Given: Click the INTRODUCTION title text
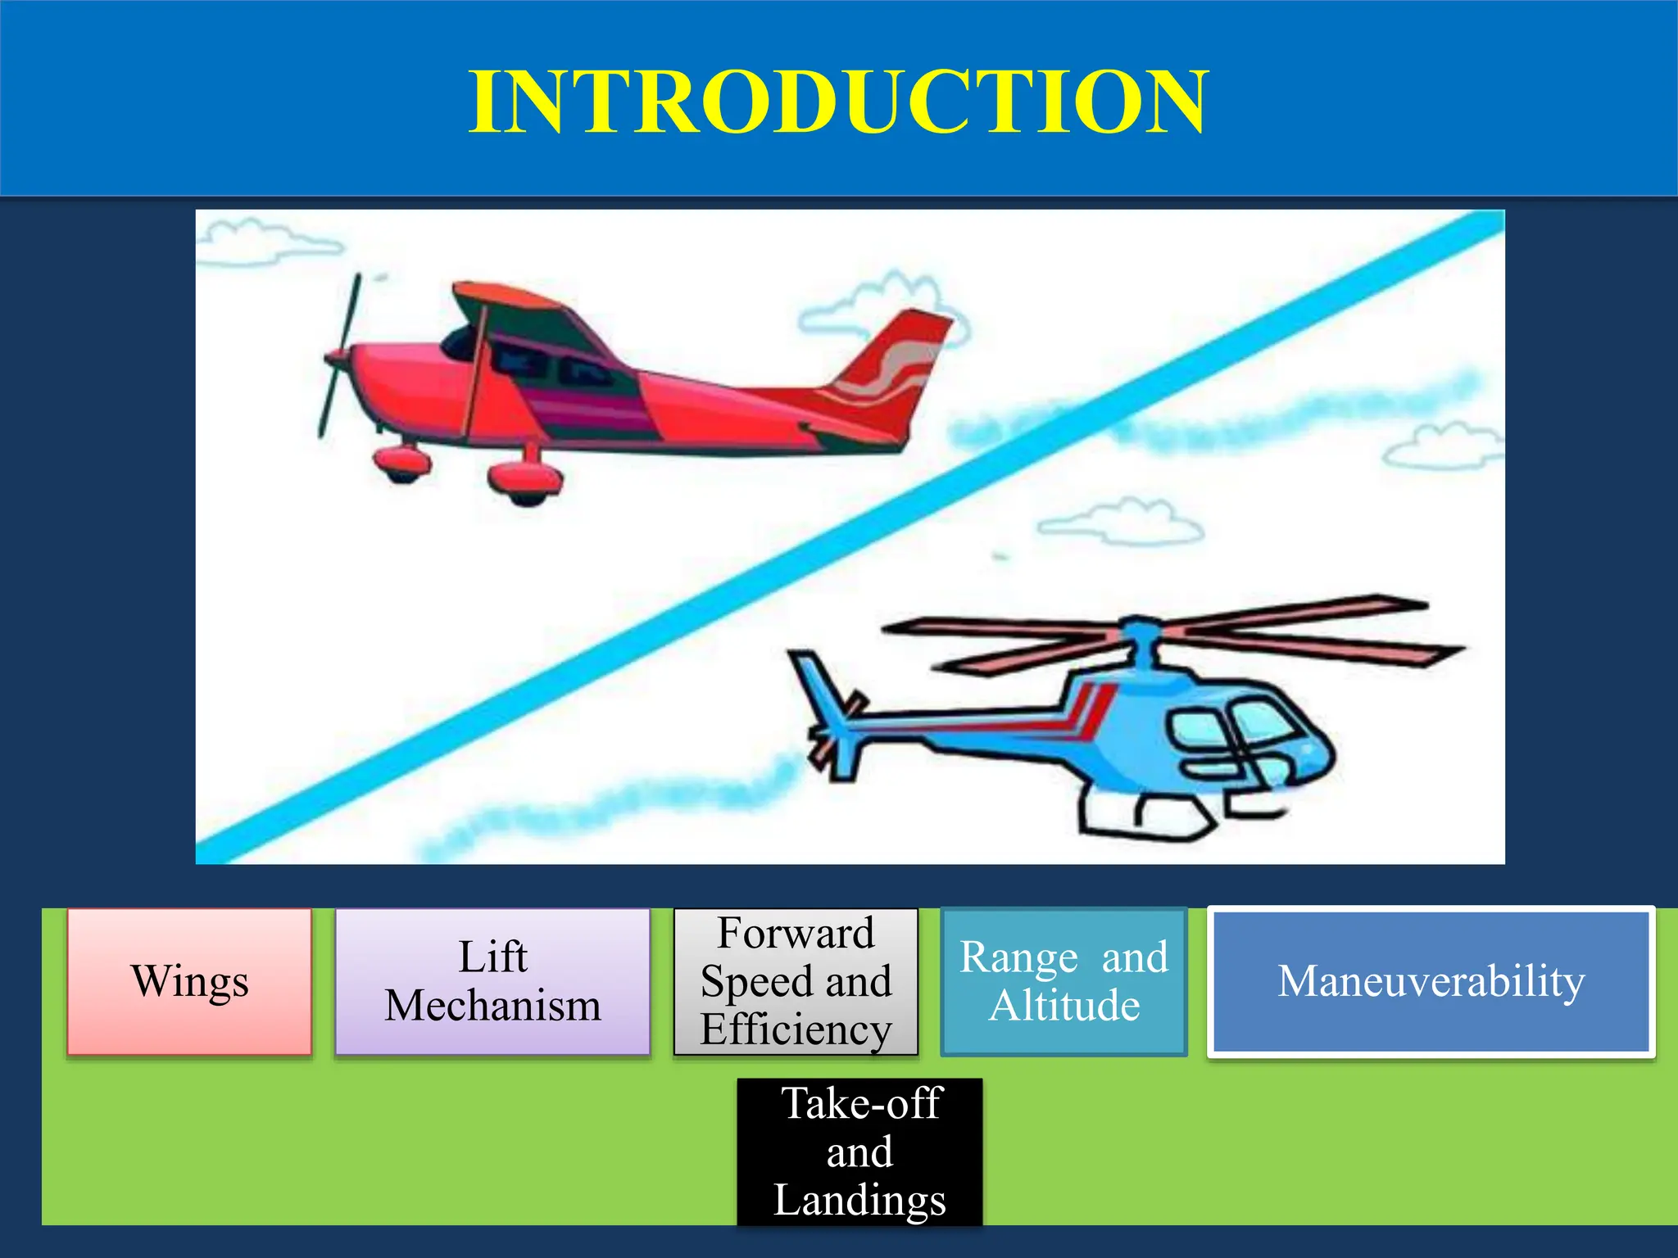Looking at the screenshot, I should (838, 102).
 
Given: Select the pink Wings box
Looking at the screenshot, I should (189, 981).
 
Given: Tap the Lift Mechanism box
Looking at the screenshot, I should (492, 981).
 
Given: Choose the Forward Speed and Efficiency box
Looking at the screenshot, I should (796, 981).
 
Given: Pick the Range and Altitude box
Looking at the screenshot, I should (1063, 981).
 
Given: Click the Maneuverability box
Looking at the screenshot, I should (1431, 981).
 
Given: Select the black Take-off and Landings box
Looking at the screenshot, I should (859, 1152).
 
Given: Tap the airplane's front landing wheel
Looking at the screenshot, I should (401, 464).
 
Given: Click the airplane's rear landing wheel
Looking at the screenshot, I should (524, 483).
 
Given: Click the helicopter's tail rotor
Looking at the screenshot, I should (832, 733).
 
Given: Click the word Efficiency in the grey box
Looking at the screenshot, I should (796, 1029).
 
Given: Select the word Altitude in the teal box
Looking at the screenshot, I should (1063, 1006).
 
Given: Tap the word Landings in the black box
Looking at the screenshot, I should (859, 1200).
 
